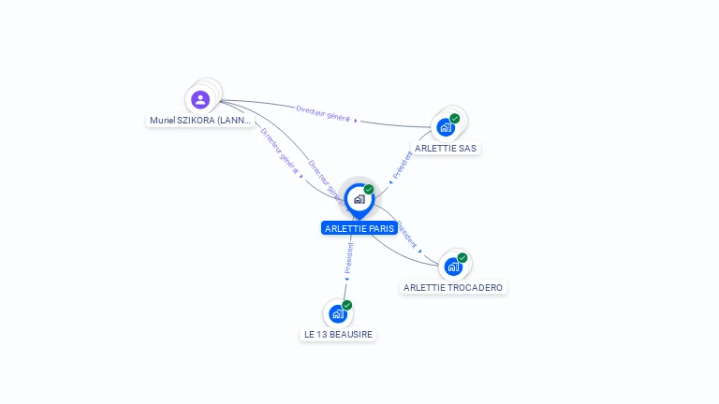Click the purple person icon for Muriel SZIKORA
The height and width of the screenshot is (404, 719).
[x=199, y=99]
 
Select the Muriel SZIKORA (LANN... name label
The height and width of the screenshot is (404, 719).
[x=200, y=121]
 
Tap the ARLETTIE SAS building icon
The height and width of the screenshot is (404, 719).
[x=446, y=127]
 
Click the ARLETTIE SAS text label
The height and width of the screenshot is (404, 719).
[x=446, y=148]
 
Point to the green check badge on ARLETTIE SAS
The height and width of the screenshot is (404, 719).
[x=455, y=119]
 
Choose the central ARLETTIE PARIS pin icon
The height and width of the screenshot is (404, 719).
[x=359, y=199]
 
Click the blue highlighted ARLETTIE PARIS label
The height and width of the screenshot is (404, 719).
[x=359, y=228]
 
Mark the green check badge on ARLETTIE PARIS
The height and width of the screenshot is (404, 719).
[x=369, y=190]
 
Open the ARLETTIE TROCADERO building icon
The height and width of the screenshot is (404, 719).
[x=453, y=267]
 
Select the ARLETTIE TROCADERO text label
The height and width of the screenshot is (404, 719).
[x=453, y=288]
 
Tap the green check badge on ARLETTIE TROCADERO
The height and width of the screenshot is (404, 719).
[x=462, y=258]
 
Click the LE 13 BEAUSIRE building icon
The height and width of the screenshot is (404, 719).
[x=338, y=314]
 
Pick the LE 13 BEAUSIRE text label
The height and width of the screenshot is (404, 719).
[x=338, y=334]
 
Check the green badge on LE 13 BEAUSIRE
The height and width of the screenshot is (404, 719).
[x=347, y=305]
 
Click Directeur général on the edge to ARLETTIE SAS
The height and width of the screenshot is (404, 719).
[x=323, y=113]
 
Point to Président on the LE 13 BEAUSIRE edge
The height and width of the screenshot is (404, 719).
[x=349, y=258]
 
